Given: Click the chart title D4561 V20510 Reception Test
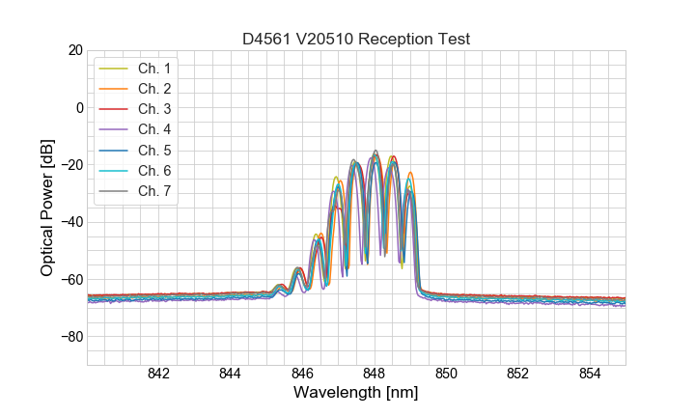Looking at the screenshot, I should pos(356,39).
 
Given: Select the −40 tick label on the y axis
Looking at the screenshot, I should pos(70,222).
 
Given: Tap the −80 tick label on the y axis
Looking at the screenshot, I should pos(70,337).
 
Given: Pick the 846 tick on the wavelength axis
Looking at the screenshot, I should pos(302,374).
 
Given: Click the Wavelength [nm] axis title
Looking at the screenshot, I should pos(356,394).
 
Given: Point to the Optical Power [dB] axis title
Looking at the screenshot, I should pos(46,208).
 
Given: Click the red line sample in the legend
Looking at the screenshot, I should pos(113,109).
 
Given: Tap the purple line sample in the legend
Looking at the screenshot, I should pos(113,129).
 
